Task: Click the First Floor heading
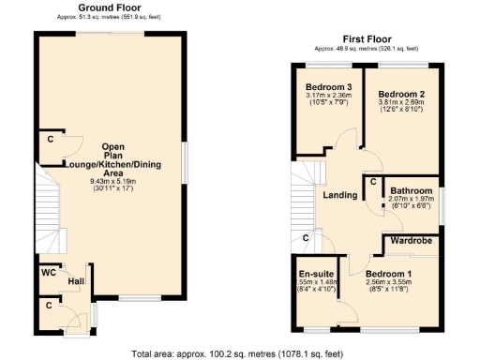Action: (366, 38)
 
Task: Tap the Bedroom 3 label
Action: (315, 85)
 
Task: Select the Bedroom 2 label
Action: (402, 95)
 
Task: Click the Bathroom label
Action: (411, 189)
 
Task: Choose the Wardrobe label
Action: (410, 240)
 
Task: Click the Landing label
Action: (338, 195)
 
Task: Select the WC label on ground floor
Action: (47, 274)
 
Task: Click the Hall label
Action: (75, 280)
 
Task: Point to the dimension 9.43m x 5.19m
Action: (112, 181)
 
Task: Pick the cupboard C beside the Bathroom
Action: (372, 181)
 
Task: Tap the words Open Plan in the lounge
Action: (112, 152)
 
